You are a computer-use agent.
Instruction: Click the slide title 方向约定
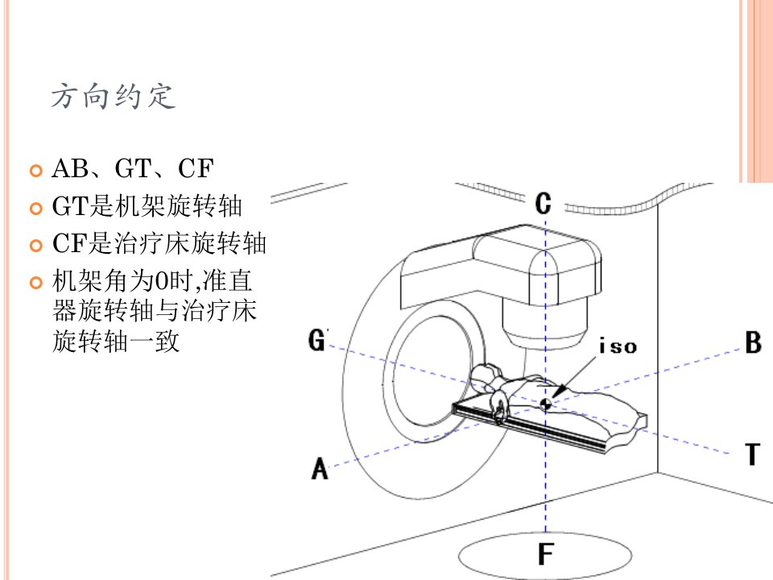pyautogui.click(x=114, y=96)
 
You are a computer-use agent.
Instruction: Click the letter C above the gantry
pyautogui.click(x=543, y=203)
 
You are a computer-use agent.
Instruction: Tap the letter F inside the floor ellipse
pyautogui.click(x=546, y=553)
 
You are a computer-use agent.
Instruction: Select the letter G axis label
pyautogui.click(x=317, y=340)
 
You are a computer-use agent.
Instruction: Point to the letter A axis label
pyautogui.click(x=320, y=469)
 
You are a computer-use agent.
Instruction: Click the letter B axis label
pyautogui.click(x=753, y=342)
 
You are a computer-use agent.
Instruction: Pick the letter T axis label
pyautogui.click(x=752, y=454)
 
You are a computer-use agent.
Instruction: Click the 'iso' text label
pyautogui.click(x=618, y=346)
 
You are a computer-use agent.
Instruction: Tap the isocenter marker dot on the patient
pyautogui.click(x=545, y=404)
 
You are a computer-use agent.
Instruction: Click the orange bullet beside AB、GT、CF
pyautogui.click(x=36, y=171)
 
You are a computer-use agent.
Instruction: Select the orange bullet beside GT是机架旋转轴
pyautogui.click(x=36, y=208)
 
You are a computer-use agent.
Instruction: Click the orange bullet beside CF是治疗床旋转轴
pyautogui.click(x=36, y=245)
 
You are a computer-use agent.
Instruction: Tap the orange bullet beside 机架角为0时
pyautogui.click(x=36, y=283)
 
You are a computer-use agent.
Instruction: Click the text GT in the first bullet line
pyautogui.click(x=133, y=168)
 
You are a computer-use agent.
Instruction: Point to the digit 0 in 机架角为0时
pyautogui.click(x=161, y=282)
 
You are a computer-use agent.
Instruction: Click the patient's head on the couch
pyautogui.click(x=486, y=375)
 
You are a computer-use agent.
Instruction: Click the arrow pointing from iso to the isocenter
pyautogui.click(x=574, y=377)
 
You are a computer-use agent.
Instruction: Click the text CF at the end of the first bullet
pyautogui.click(x=196, y=168)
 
